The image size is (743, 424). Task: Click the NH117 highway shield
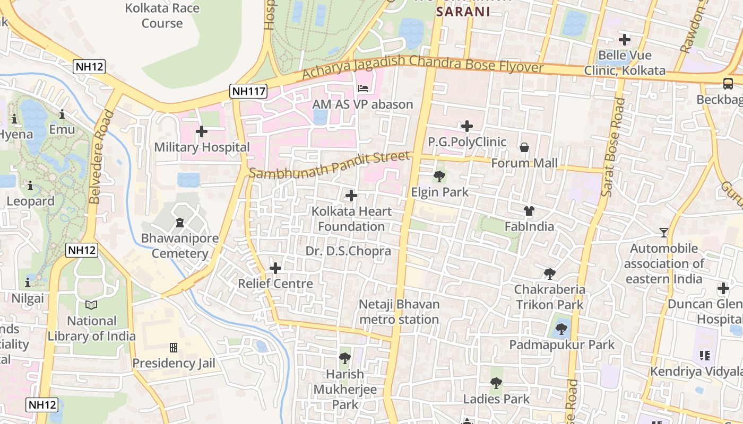pos(248,91)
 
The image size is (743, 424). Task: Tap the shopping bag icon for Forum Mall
pos(524,147)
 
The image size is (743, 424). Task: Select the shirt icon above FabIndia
pos(529,211)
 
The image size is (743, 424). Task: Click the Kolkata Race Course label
pos(162,15)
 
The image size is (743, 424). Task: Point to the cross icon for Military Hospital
pos(202,131)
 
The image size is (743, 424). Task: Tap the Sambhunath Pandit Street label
pos(329,165)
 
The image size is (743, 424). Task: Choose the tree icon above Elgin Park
pos(439,176)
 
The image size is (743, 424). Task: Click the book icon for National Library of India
pos(91,305)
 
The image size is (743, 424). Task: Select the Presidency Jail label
pos(174,363)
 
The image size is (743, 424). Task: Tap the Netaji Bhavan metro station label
pos(399,312)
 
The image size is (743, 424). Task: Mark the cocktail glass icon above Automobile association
pos(663,232)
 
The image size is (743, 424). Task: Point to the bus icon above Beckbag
pos(728,84)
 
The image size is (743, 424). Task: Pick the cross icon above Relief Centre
pos(275,268)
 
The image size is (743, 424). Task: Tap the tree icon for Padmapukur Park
pos(561,329)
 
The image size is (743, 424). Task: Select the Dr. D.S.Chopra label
pos(348,251)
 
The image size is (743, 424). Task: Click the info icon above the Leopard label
pos(30,185)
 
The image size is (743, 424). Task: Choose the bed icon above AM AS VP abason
pos(363,88)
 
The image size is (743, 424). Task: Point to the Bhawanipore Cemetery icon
pos(179,222)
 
